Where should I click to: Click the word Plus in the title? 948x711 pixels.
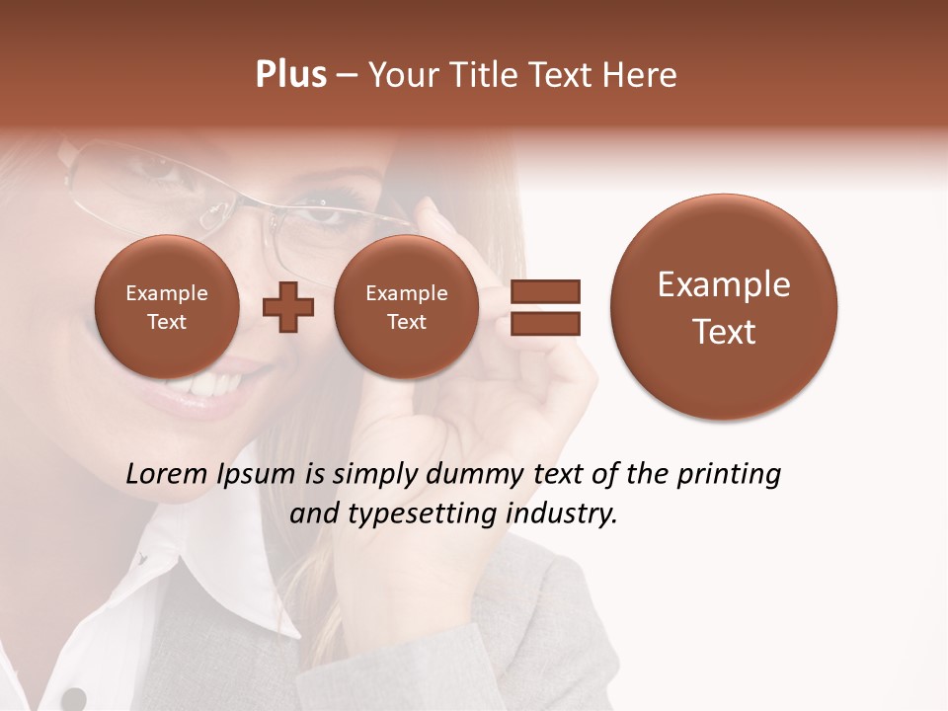[x=290, y=75]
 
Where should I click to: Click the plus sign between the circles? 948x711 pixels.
[x=288, y=307]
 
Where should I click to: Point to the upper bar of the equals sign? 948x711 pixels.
[x=544, y=291]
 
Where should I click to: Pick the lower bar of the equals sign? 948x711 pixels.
[x=544, y=323]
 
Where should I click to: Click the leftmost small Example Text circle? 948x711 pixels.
[x=167, y=307]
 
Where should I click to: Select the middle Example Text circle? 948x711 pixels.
[x=406, y=307]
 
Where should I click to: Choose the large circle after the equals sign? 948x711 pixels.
[x=724, y=307]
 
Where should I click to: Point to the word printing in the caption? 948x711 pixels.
[x=728, y=475]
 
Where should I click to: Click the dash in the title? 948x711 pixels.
[x=347, y=76]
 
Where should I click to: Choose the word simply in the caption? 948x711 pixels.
[x=377, y=475]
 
